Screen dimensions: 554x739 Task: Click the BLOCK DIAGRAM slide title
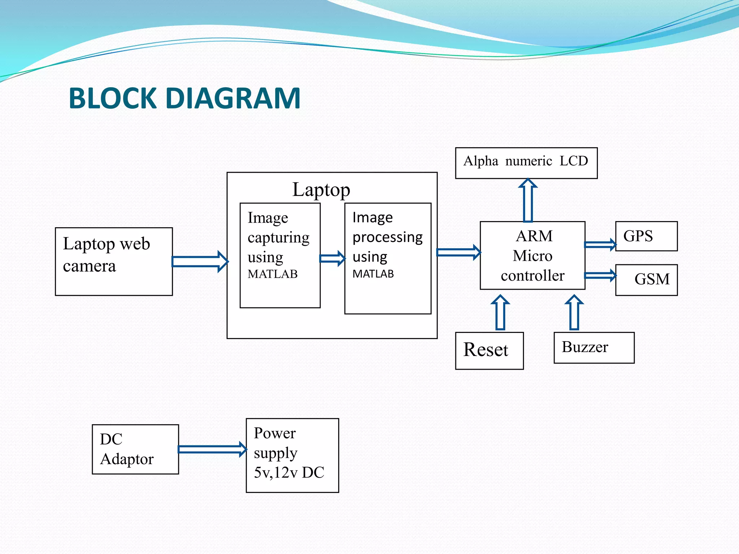[x=184, y=98]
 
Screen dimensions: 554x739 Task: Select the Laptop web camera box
[x=114, y=261]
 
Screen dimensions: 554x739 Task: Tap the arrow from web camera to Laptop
[x=200, y=261]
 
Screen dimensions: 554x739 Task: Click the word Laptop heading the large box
[x=321, y=190]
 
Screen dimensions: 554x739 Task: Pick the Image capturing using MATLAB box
[x=280, y=255]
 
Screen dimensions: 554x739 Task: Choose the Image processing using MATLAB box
[x=388, y=258]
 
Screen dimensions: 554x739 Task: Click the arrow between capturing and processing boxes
[x=332, y=258]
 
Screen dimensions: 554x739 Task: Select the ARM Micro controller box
[x=532, y=255]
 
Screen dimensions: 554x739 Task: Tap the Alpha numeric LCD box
[x=526, y=163]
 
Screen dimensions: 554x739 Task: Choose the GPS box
[x=646, y=236]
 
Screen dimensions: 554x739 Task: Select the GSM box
[x=646, y=280]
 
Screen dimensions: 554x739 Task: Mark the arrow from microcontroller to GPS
[x=600, y=245]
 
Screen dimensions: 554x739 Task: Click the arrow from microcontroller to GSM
[x=600, y=276]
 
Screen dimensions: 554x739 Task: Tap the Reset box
[x=489, y=351]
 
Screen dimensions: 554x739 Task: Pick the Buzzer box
[x=594, y=347]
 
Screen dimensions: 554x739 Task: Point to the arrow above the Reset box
[x=500, y=312]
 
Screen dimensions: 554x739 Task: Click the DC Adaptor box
[x=135, y=449]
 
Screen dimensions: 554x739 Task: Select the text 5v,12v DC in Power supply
[x=289, y=472]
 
